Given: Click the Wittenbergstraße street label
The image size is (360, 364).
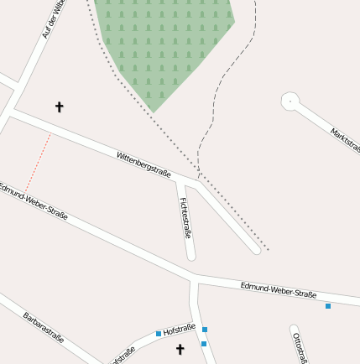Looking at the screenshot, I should tap(143, 164).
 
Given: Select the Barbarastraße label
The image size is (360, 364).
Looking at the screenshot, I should tap(44, 327).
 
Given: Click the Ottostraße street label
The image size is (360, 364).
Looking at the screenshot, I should tap(298, 347).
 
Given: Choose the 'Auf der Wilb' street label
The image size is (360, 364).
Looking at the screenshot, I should tap(53, 18).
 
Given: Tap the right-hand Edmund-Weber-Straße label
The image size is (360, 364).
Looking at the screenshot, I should tap(279, 290).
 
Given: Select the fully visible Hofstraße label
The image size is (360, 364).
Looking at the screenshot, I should tap(180, 329).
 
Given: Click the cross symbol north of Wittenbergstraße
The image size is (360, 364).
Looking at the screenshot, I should tap(59, 107).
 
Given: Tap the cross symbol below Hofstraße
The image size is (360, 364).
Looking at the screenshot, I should tap(180, 349).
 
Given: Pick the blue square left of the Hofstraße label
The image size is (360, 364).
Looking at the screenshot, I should tap(159, 334).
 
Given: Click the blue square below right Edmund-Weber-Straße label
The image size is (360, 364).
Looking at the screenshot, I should tap(328, 306).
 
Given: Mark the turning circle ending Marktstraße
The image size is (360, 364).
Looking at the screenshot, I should tap(290, 101).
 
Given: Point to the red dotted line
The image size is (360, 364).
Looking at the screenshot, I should tap(39, 163).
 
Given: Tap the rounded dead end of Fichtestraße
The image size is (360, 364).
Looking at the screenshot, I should tap(191, 254).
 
